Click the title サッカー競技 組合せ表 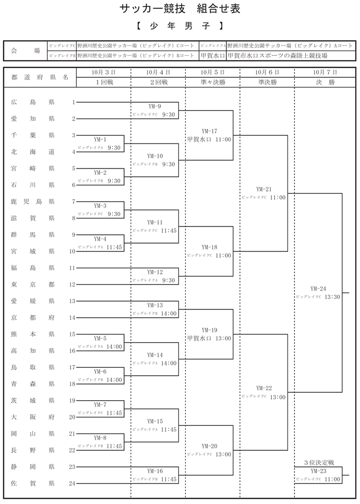[180, 9]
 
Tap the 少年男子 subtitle [179, 25]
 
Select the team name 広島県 [33, 102]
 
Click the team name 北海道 [33, 152]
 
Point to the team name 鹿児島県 [33, 201]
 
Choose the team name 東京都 [33, 284]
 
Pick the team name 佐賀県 [33, 484]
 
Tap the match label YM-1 [100, 140]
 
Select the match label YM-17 [209, 131]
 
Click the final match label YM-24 [318, 289]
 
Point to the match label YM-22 [264, 389]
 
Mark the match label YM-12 [155, 272]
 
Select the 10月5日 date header [212, 72]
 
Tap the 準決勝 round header [267, 82]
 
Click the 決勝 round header [321, 82]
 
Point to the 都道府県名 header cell [40, 77]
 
